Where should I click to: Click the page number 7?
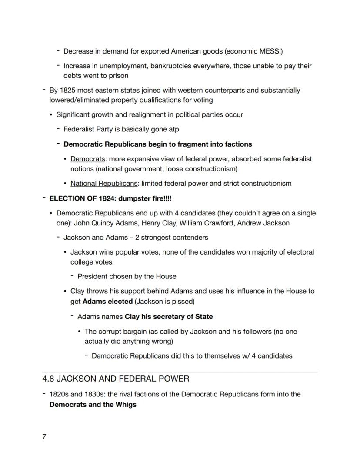(44, 437)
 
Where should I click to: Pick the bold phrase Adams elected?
(107, 301)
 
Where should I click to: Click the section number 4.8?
(49, 379)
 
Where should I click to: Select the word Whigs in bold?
(126, 405)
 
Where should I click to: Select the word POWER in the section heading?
(174, 379)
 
